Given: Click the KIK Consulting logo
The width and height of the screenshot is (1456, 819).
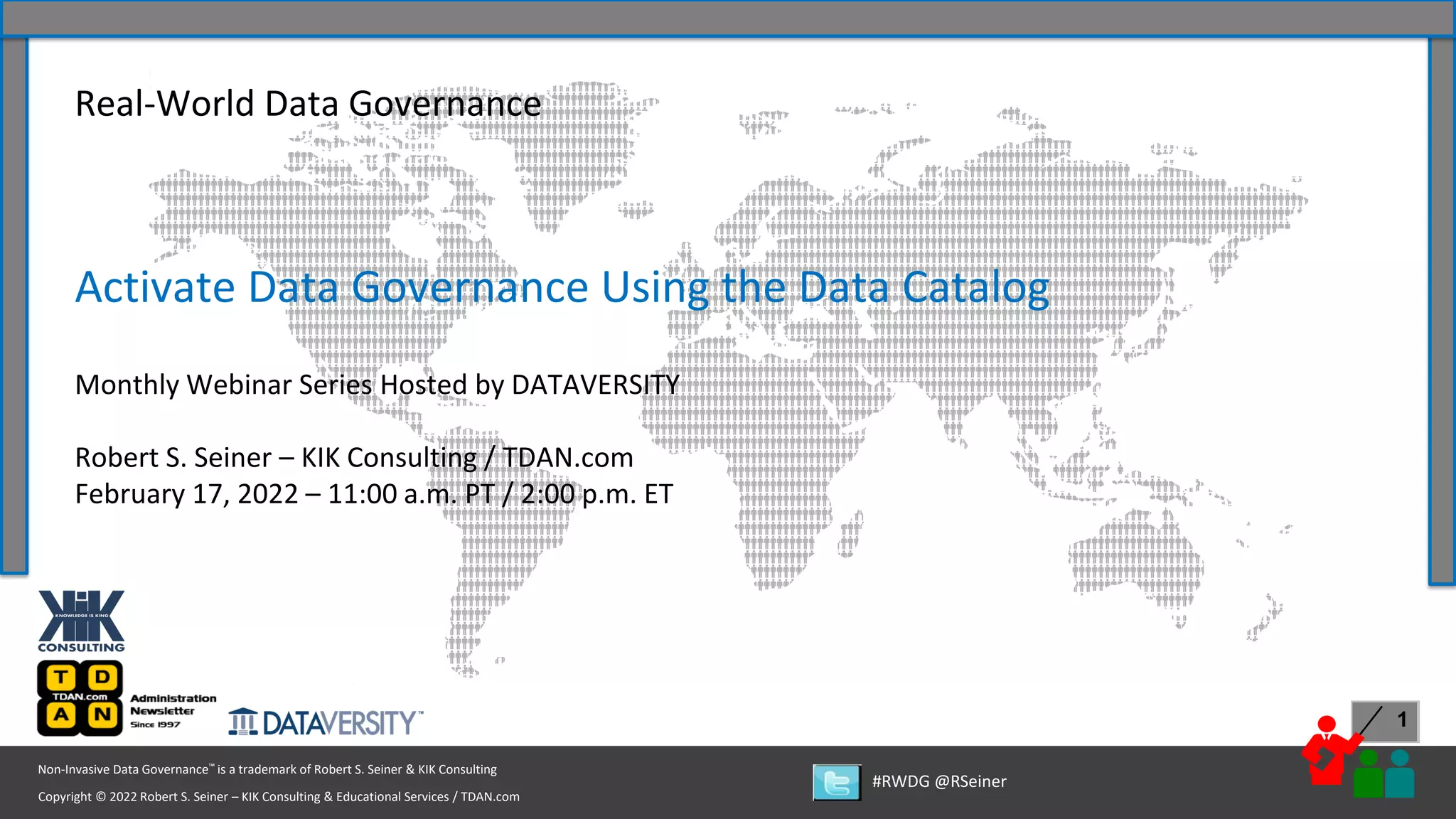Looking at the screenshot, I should pos(81,620).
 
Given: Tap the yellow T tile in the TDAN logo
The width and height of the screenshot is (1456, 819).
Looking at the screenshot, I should pos(62,677).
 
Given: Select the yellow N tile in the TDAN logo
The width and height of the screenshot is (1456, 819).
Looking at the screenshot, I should pos(102,714).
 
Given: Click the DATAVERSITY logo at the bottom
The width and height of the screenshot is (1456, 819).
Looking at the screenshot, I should pos(326,723).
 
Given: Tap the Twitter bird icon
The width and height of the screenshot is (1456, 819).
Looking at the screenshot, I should pos(837,783).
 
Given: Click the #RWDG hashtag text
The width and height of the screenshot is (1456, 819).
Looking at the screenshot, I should pos(900,781).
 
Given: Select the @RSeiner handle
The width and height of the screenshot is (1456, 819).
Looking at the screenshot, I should pos(970,781).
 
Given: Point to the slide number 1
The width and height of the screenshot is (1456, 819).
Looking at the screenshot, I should pos(1402,720).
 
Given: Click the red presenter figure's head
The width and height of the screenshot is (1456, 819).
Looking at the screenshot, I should pos(1327,724).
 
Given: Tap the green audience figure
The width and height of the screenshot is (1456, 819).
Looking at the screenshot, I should pos(1368,776).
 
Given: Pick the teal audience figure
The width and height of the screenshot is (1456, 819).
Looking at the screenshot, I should pos(1400,775).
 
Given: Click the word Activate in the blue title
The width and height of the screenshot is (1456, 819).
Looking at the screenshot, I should pos(155,288).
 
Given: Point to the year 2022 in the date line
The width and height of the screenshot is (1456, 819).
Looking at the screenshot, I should pos(267,494).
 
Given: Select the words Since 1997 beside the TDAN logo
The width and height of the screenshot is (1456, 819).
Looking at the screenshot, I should pos(155,724).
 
